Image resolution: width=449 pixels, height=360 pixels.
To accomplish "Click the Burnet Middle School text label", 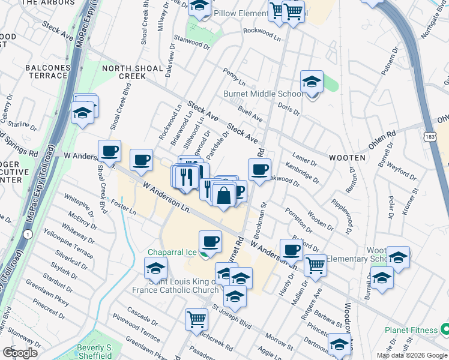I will point(264,94).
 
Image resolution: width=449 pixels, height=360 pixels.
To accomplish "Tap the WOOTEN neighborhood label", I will point(347,157).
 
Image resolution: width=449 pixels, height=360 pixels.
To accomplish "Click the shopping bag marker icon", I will point(223,196).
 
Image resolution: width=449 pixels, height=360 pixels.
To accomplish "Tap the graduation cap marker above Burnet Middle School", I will point(312,82).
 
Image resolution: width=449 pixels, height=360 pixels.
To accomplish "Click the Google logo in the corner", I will point(20,353).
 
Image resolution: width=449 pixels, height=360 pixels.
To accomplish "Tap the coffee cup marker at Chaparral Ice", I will point(210,242).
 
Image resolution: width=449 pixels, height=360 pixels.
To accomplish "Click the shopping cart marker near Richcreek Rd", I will point(196,320).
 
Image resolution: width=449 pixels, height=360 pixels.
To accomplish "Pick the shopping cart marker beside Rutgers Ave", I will point(315,265).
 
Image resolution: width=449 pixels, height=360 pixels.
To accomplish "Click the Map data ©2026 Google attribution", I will point(411,355).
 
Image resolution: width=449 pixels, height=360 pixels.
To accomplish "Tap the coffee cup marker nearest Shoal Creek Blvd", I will point(109,152).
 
